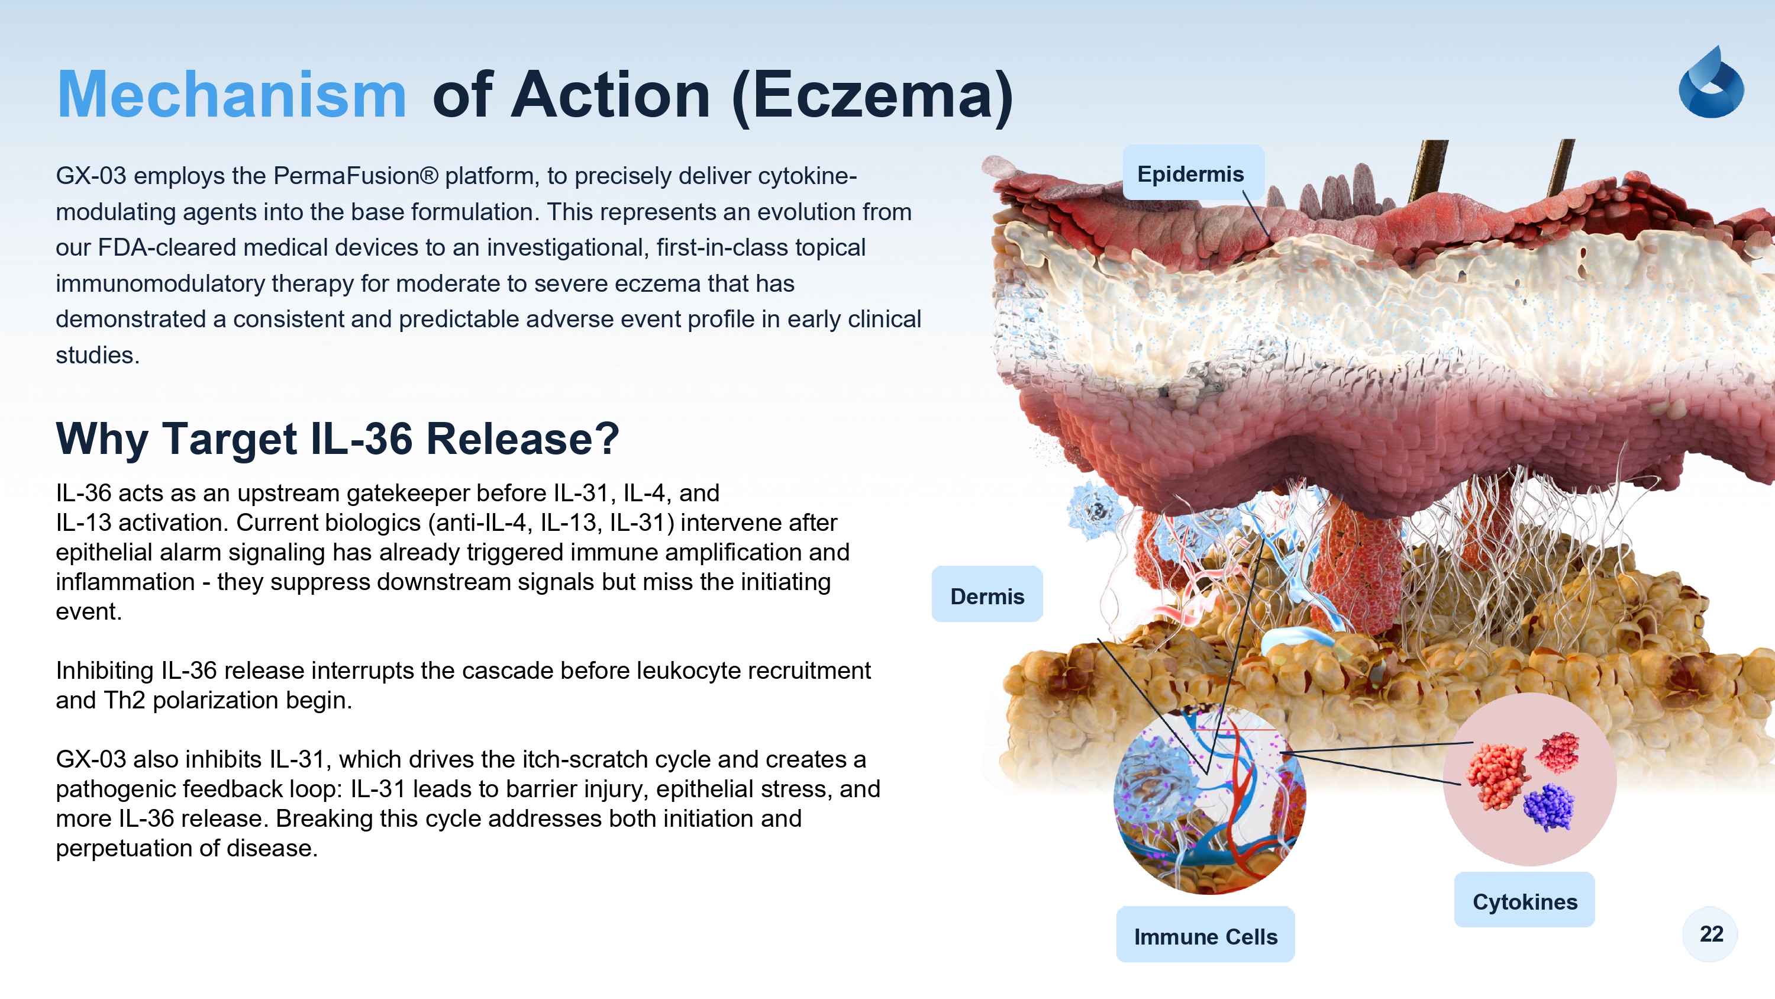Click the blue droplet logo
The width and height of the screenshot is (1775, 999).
(1711, 82)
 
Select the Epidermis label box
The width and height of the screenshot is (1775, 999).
(1193, 173)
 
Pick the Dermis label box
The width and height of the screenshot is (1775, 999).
(987, 594)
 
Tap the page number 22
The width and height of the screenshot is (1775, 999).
(1711, 934)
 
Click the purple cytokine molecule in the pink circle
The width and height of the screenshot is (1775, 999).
(1549, 806)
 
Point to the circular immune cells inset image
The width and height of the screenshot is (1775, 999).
(1209, 799)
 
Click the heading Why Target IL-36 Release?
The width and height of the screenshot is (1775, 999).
(338, 439)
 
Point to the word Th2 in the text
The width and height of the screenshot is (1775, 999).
(124, 701)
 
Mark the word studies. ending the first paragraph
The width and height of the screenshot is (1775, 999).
(98, 355)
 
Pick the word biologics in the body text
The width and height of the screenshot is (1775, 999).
(373, 523)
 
